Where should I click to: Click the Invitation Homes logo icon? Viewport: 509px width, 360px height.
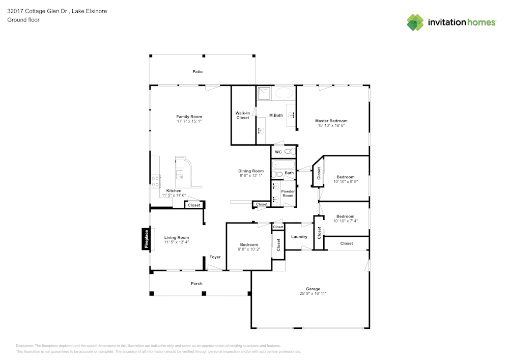(415, 22)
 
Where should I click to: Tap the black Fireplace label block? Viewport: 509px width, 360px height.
(146, 239)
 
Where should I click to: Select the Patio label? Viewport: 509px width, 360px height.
(197, 72)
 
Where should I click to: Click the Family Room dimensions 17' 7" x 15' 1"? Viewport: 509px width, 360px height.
(189, 122)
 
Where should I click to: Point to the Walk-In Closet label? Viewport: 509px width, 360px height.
(243, 115)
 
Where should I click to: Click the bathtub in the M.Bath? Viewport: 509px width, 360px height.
(284, 93)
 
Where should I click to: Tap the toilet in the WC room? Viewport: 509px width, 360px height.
(288, 152)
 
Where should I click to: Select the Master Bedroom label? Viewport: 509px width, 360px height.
(331, 121)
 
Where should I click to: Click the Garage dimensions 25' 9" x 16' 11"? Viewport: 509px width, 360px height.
(313, 293)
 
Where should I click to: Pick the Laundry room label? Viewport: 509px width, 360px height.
(299, 237)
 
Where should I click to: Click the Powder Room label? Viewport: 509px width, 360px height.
(288, 193)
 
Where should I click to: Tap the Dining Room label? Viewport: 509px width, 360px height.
(251, 171)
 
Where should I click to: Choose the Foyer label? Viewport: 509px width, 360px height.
(215, 257)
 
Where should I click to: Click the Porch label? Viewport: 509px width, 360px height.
(196, 284)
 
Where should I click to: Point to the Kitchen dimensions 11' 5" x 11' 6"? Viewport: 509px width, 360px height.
(175, 196)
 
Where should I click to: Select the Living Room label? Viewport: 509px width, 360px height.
(177, 237)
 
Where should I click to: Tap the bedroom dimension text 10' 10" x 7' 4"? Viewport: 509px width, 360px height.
(345, 221)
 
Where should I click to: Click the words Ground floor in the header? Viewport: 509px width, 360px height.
(23, 20)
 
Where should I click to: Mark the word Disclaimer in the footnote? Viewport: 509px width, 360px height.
(25, 345)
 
